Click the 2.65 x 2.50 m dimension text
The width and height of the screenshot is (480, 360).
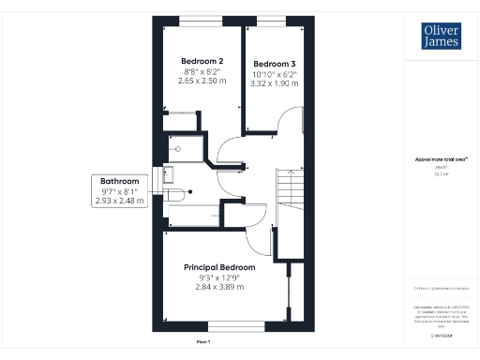click(201, 81)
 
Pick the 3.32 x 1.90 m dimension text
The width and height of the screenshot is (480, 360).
click(274, 83)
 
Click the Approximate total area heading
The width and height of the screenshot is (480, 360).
click(441, 159)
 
